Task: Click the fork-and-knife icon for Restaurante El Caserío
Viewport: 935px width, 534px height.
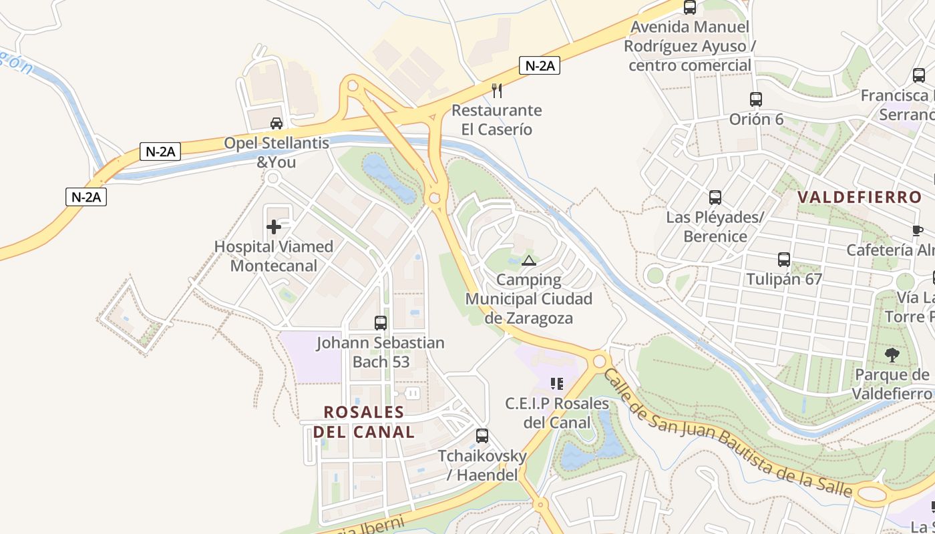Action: coord(496,90)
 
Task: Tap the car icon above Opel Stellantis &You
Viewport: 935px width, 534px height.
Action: coord(276,123)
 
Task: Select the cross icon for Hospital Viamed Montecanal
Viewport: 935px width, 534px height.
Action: coord(274,227)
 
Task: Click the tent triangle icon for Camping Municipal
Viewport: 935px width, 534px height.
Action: coord(529,260)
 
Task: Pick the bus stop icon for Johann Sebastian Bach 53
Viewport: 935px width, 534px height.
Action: coord(381,323)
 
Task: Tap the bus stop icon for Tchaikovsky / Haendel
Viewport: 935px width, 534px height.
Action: coord(482,436)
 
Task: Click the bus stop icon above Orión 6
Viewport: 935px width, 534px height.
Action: coord(756,99)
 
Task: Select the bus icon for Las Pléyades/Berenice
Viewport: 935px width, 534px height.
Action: coord(715,198)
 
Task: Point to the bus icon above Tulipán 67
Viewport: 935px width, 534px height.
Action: coord(784,260)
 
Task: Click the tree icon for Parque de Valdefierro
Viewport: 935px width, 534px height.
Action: coord(892,355)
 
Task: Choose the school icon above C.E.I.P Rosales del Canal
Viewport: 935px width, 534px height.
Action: coord(556,384)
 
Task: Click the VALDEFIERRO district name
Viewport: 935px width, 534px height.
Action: coord(860,198)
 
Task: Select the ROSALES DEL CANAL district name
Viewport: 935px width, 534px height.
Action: coord(364,422)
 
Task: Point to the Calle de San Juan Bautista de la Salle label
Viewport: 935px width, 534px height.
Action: coord(728,434)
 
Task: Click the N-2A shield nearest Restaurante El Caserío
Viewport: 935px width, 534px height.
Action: coord(539,65)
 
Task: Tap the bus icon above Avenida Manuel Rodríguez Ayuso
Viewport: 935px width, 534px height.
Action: coord(690,7)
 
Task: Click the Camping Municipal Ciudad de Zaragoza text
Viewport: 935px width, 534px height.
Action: coord(529,299)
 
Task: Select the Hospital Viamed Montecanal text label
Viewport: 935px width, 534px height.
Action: coord(274,256)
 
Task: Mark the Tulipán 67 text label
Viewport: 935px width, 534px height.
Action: coord(784,279)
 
